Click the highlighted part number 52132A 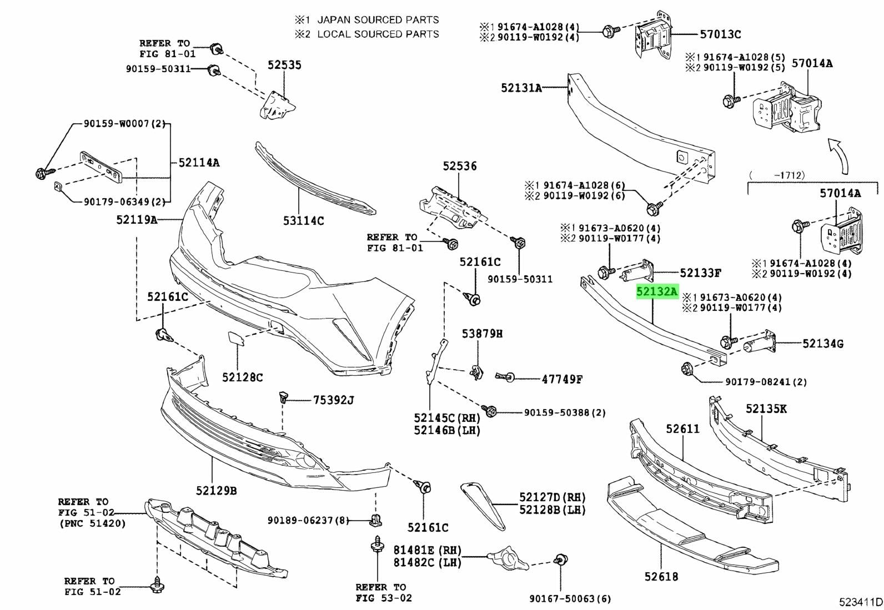point(657,291)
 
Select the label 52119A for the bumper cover point(137,220)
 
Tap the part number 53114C point(303,221)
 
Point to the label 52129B point(216,491)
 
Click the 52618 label point(661,577)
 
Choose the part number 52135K point(766,409)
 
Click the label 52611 point(683,428)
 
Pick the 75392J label point(333,400)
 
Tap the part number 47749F point(562,380)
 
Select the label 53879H point(483,334)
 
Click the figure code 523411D point(860,602)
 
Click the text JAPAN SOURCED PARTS point(378,20)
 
